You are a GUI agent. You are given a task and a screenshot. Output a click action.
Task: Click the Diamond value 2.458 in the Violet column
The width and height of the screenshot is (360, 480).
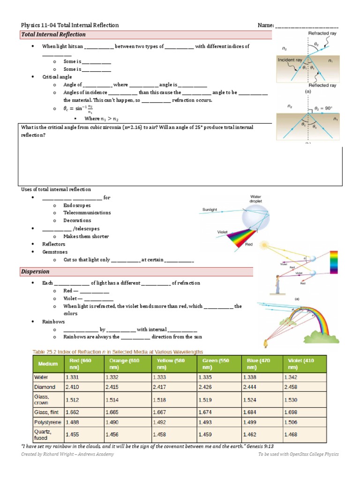(292, 387)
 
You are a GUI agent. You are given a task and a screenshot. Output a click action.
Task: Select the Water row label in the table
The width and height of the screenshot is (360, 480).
(41, 377)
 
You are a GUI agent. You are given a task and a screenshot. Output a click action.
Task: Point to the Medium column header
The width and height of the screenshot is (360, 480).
(48, 364)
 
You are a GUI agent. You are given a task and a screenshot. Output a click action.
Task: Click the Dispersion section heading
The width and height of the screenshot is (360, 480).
(36, 272)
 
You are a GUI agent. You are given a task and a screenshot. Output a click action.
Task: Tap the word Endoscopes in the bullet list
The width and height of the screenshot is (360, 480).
(77, 205)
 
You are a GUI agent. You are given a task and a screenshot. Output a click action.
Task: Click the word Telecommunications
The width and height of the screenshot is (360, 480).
(87, 213)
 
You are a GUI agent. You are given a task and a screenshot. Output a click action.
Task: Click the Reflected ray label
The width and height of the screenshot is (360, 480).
(322, 86)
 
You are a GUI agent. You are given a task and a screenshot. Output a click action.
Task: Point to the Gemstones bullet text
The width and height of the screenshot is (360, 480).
(55, 252)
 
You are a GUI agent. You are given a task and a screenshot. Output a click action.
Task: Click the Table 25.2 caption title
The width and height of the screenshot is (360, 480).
(117, 352)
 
